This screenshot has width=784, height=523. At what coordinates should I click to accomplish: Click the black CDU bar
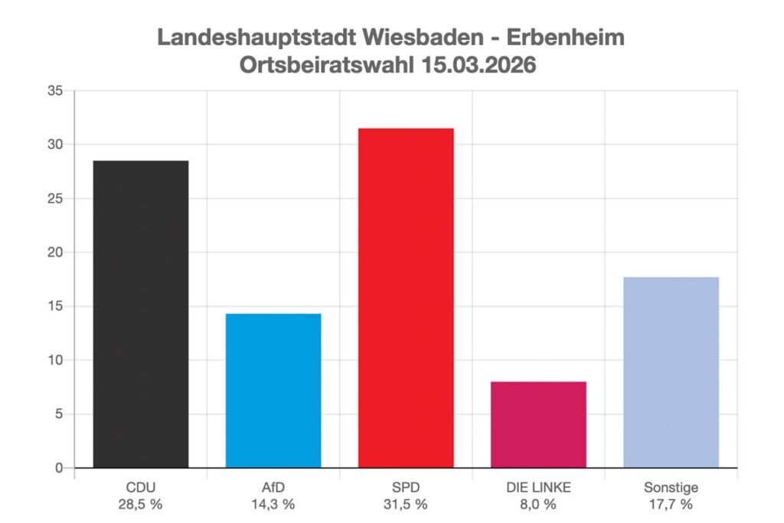click(x=141, y=314)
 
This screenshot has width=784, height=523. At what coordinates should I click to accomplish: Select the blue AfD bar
click(x=273, y=391)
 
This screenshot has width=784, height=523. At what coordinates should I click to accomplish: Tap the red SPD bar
click(x=406, y=298)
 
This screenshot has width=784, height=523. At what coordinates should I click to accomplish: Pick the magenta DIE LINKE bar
click(x=538, y=424)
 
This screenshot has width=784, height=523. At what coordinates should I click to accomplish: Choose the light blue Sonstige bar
click(x=671, y=372)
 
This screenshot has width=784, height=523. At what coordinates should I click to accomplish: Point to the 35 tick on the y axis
click(x=56, y=90)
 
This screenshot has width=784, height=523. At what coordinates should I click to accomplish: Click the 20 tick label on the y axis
click(x=56, y=252)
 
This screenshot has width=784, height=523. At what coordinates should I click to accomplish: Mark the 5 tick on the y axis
click(x=60, y=414)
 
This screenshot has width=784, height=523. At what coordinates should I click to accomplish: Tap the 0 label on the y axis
click(x=60, y=468)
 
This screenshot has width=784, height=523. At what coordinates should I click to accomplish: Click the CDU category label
click(x=141, y=488)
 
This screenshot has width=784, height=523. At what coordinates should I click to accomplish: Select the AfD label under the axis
click(x=273, y=488)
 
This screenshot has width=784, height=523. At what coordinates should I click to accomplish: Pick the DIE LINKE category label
click(x=538, y=488)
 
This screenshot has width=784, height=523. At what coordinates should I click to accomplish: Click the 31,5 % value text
click(x=406, y=505)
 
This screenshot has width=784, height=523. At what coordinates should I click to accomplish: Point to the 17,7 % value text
click(x=671, y=505)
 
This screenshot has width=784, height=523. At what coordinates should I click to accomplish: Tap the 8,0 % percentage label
click(x=538, y=505)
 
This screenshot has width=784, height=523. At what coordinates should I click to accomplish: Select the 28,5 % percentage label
click(x=141, y=505)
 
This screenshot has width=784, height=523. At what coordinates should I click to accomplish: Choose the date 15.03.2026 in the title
click(x=479, y=65)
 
